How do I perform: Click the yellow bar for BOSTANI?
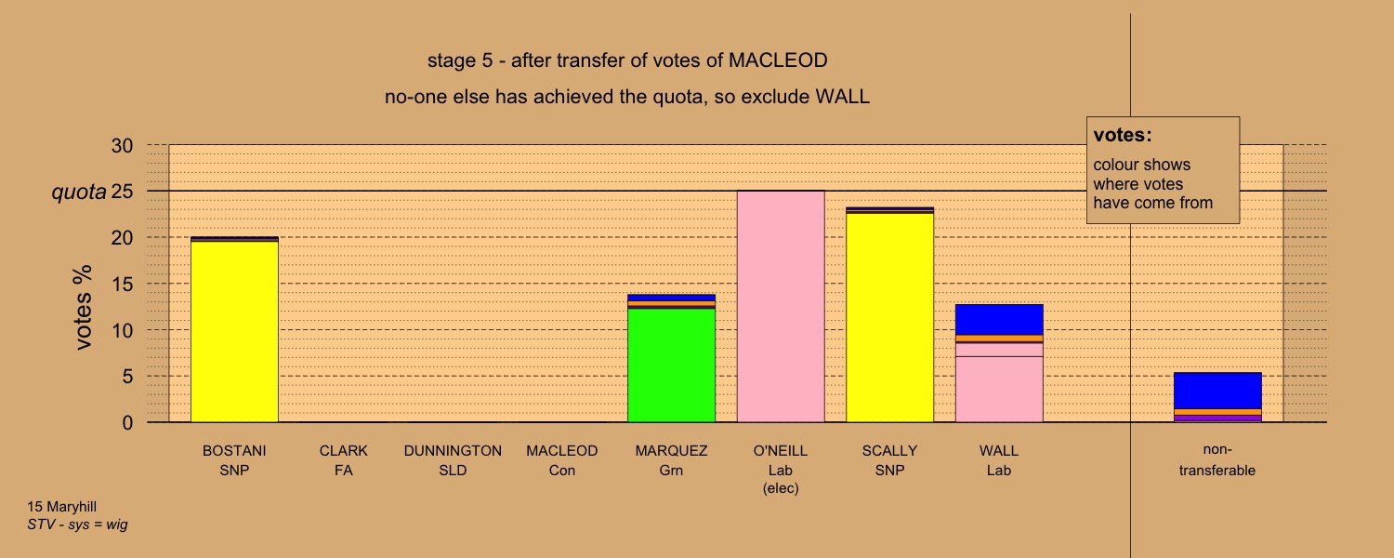click(x=234, y=331)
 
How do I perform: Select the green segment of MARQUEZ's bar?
click(x=671, y=365)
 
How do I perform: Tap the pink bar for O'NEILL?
click(x=781, y=306)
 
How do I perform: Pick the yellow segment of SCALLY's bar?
click(x=889, y=318)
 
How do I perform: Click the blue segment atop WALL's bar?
click(x=999, y=320)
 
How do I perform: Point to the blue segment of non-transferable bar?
click(x=1217, y=391)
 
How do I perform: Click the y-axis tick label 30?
click(x=122, y=146)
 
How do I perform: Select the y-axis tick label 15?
click(x=122, y=284)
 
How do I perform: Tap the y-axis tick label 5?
click(x=127, y=376)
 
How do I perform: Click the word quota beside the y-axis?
click(x=79, y=193)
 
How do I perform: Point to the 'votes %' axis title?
click(x=83, y=307)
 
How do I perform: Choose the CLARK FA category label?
click(x=344, y=460)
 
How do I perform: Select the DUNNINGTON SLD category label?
click(x=453, y=460)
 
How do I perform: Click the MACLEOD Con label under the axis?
click(x=562, y=460)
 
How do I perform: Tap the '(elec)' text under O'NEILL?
click(x=781, y=488)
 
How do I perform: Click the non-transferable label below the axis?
click(x=1217, y=459)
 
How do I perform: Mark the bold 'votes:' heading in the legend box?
click(x=1123, y=135)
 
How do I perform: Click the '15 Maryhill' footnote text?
click(x=61, y=507)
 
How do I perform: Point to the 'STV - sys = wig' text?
click(x=77, y=525)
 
